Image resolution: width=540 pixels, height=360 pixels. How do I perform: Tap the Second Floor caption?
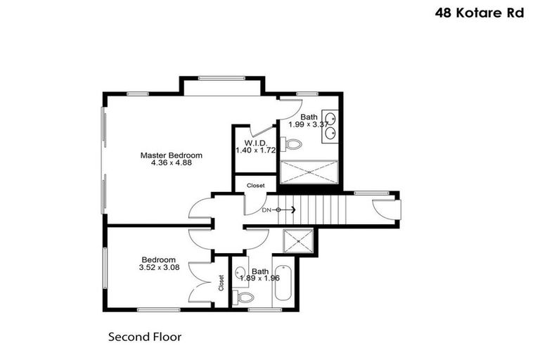pos(144,337)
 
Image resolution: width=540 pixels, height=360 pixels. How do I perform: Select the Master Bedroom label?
pos(171,155)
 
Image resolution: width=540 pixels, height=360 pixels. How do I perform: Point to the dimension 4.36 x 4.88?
pos(171,162)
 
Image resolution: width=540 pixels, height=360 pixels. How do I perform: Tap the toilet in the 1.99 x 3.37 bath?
pos(291,144)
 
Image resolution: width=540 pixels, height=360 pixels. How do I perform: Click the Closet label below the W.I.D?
pos(255,186)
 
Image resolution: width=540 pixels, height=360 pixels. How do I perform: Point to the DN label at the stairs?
pos(266,210)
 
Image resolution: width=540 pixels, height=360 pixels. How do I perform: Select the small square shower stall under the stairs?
pos(297,241)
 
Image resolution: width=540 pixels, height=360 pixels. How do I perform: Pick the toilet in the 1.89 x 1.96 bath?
pos(243,297)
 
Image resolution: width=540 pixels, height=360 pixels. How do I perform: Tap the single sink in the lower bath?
pos(239,273)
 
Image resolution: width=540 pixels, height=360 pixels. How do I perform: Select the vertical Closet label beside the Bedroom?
pos(221,283)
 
